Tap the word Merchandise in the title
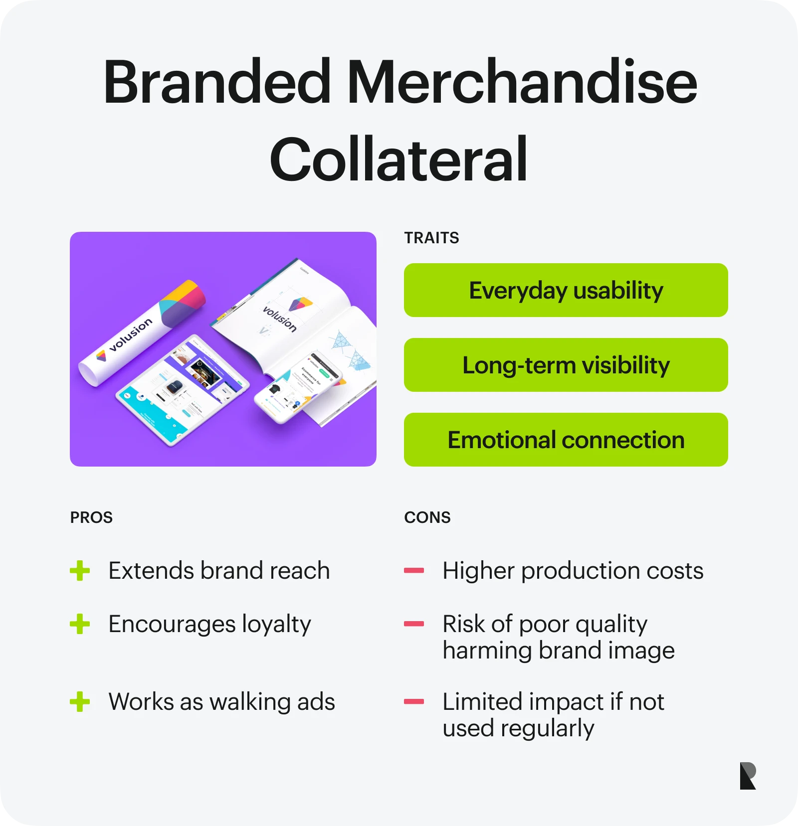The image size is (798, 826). pos(522,82)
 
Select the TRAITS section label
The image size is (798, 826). pos(431,238)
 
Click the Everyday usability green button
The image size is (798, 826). pos(566,290)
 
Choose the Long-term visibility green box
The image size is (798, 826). pos(566,365)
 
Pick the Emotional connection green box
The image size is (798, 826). pos(566,440)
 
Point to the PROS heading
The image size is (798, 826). pos(91,517)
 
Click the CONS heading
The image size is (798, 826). pos(427,517)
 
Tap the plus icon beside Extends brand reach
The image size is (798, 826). pos(80,571)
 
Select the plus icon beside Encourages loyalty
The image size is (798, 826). pos(80,624)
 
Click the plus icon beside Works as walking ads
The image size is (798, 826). pos(80,702)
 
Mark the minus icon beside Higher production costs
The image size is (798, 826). pos(414,571)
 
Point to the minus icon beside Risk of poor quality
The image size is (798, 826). pos(414,624)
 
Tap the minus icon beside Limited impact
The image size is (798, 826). pos(414,702)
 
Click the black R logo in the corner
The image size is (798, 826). pos(748,776)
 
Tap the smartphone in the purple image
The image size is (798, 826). pos(298,386)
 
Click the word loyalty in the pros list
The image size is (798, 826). pos(276,625)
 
